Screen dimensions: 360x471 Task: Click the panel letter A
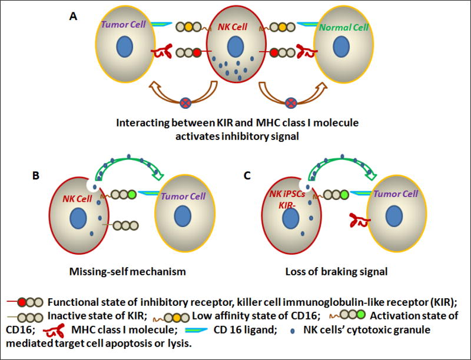click(x=74, y=16)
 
